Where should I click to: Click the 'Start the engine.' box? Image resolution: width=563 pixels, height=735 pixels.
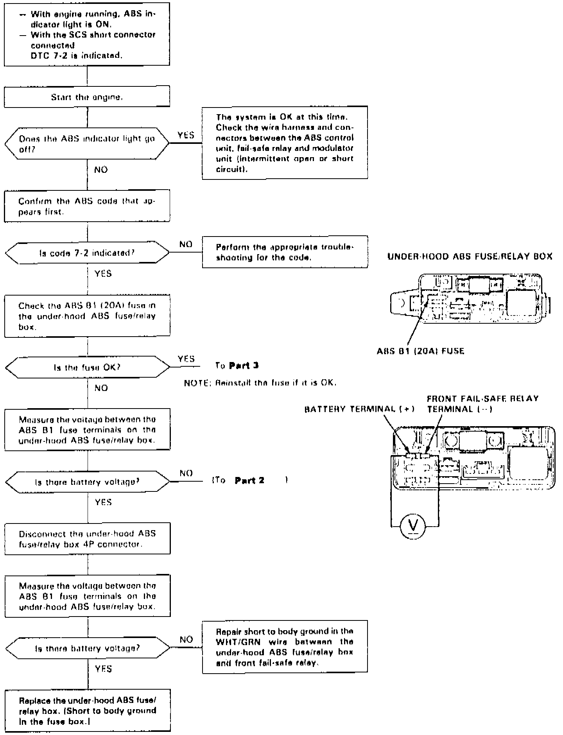click(x=87, y=97)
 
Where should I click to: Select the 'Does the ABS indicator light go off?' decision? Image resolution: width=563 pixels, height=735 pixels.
click(x=87, y=143)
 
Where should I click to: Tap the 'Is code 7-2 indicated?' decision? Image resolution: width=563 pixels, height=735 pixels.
click(x=87, y=253)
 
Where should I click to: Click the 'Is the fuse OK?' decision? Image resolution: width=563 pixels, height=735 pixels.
click(x=87, y=367)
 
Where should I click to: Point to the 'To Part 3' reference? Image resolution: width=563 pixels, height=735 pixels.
click(x=237, y=366)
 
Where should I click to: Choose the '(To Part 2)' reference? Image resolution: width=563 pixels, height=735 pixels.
click(x=249, y=480)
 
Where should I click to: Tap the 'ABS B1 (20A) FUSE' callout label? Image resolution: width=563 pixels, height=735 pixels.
click(x=420, y=351)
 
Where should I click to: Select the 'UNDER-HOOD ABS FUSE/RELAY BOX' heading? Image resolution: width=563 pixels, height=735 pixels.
click(x=470, y=256)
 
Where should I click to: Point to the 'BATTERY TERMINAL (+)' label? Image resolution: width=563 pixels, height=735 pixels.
click(x=359, y=409)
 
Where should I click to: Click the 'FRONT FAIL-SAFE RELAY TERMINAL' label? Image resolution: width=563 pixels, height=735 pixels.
click(x=482, y=404)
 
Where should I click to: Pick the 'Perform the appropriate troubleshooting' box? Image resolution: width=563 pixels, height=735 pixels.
click(x=285, y=252)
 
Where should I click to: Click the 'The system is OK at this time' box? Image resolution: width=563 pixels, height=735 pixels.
click(x=285, y=143)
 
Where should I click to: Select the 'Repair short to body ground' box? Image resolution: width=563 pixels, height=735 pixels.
click(x=285, y=647)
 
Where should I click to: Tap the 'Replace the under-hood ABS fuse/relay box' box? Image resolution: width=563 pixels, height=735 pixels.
click(x=88, y=710)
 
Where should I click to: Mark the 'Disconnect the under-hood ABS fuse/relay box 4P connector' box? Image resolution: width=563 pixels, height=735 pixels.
click(x=88, y=538)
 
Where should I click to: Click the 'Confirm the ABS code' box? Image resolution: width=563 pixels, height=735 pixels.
click(x=87, y=206)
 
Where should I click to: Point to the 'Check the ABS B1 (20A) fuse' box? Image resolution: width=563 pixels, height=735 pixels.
click(x=87, y=316)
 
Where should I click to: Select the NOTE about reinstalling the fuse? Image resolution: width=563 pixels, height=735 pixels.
click(x=260, y=383)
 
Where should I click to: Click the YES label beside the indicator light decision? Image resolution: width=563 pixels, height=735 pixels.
click(x=186, y=135)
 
